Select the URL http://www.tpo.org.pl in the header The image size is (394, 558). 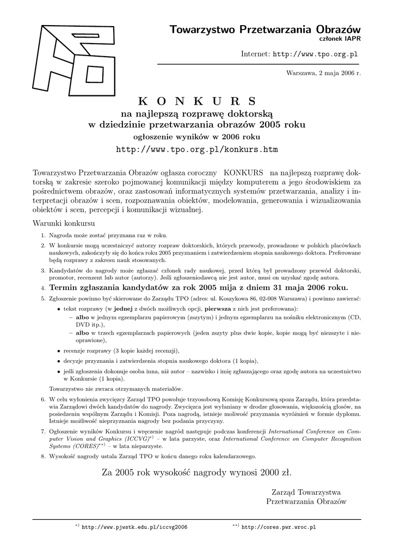[x=315, y=54]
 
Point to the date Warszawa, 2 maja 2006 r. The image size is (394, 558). [x=323, y=74]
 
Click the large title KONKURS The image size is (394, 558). [x=196, y=101]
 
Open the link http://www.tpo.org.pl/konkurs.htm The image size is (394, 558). [x=197, y=149]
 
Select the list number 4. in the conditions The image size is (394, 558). [x=44, y=288]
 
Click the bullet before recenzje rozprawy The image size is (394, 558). [x=59, y=350]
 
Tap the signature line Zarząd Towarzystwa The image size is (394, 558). [x=306, y=492]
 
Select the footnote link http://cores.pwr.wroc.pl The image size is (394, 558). [x=278, y=527]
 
